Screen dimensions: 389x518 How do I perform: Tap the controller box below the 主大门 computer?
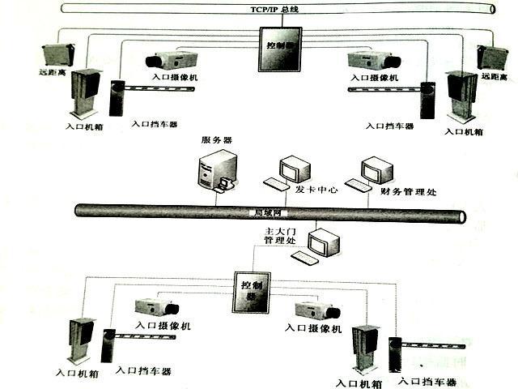point(250,289)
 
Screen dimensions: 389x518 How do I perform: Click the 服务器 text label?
point(216,140)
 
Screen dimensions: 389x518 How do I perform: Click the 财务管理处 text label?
point(409,192)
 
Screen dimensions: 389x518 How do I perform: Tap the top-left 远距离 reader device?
point(57,55)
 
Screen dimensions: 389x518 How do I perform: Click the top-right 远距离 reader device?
point(492,57)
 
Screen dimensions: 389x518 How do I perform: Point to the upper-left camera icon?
point(172,59)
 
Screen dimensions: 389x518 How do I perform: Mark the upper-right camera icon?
point(374,59)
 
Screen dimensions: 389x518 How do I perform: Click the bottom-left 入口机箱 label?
point(78,374)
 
